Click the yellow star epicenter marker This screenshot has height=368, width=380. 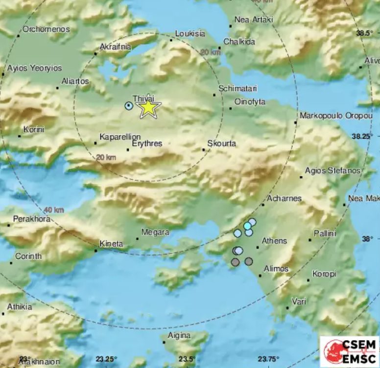click(148, 108)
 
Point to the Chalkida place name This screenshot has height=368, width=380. click(240, 42)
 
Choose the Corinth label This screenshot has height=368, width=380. click(28, 256)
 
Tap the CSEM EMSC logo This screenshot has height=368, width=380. click(350, 350)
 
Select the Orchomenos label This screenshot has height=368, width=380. click(46, 29)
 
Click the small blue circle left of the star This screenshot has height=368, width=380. click(129, 106)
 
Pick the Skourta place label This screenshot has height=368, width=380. click(221, 144)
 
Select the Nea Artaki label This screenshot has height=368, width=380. click(254, 20)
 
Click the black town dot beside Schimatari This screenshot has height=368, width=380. click(214, 94)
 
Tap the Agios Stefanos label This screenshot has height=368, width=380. click(332, 171)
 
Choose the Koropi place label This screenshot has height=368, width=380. click(324, 274)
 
